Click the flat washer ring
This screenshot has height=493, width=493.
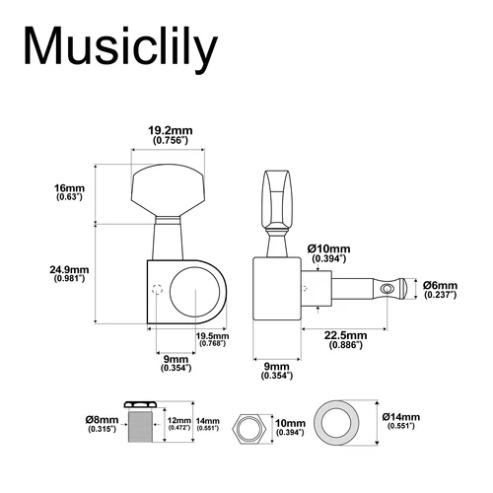click(341, 423)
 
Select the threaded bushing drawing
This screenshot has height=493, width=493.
click(143, 425)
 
